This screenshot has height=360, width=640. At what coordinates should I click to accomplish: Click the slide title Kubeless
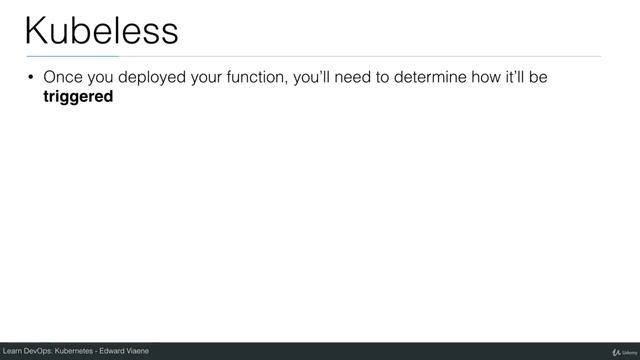pyautogui.click(x=101, y=30)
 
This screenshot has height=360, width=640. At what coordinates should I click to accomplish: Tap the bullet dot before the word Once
pyautogui.click(x=30, y=78)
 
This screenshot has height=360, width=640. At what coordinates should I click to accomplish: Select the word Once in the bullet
pyautogui.click(x=63, y=78)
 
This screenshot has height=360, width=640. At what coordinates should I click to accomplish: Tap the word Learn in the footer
pyautogui.click(x=14, y=351)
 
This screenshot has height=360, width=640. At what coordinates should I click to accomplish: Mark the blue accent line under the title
pyautogui.click(x=71, y=56)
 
